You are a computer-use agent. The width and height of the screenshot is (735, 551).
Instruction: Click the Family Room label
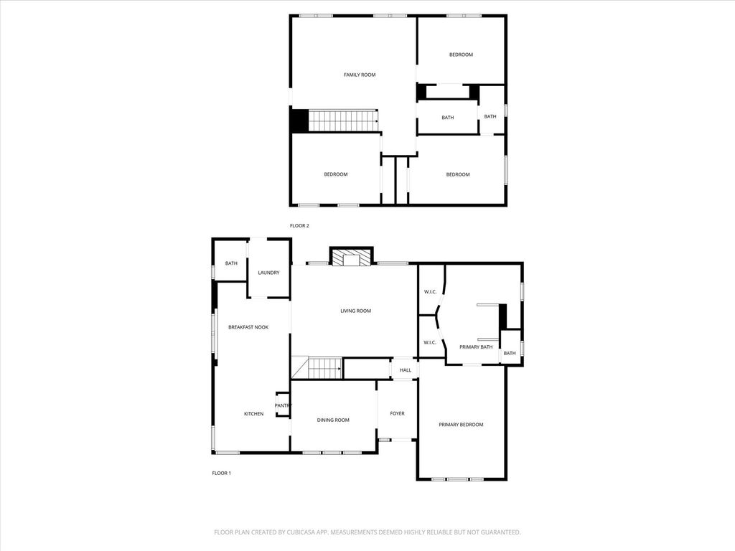pyautogui.click(x=360, y=75)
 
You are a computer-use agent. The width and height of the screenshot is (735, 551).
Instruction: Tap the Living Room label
pyautogui.click(x=356, y=311)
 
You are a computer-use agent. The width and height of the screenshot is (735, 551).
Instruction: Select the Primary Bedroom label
pyautogui.click(x=461, y=425)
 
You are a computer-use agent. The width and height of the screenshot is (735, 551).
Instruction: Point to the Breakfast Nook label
pyautogui.click(x=248, y=327)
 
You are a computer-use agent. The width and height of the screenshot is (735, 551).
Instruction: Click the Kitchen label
pyautogui.click(x=253, y=414)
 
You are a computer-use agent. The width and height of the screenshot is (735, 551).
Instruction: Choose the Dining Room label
pyautogui.click(x=333, y=420)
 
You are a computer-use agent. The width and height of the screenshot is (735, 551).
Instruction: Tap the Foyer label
pyautogui.click(x=398, y=414)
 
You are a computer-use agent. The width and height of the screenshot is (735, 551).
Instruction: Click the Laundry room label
pyautogui.click(x=268, y=273)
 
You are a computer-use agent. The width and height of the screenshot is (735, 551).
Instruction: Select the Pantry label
pyautogui.click(x=283, y=406)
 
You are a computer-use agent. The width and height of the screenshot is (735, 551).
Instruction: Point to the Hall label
pyautogui.click(x=406, y=370)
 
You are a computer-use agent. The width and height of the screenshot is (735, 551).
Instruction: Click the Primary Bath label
pyautogui.click(x=476, y=347)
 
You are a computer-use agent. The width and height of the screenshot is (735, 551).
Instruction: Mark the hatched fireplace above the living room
pyautogui.click(x=352, y=258)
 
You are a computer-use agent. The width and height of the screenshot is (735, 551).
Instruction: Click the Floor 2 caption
pyautogui.click(x=299, y=226)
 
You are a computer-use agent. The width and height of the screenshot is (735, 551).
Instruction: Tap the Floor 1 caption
pyautogui.click(x=221, y=474)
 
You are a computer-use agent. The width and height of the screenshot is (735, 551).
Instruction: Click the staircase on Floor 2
pyautogui.click(x=343, y=121)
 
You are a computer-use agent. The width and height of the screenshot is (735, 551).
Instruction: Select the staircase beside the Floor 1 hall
pyautogui.click(x=324, y=368)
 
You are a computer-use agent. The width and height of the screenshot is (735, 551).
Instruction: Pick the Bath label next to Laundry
pyautogui.click(x=232, y=263)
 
